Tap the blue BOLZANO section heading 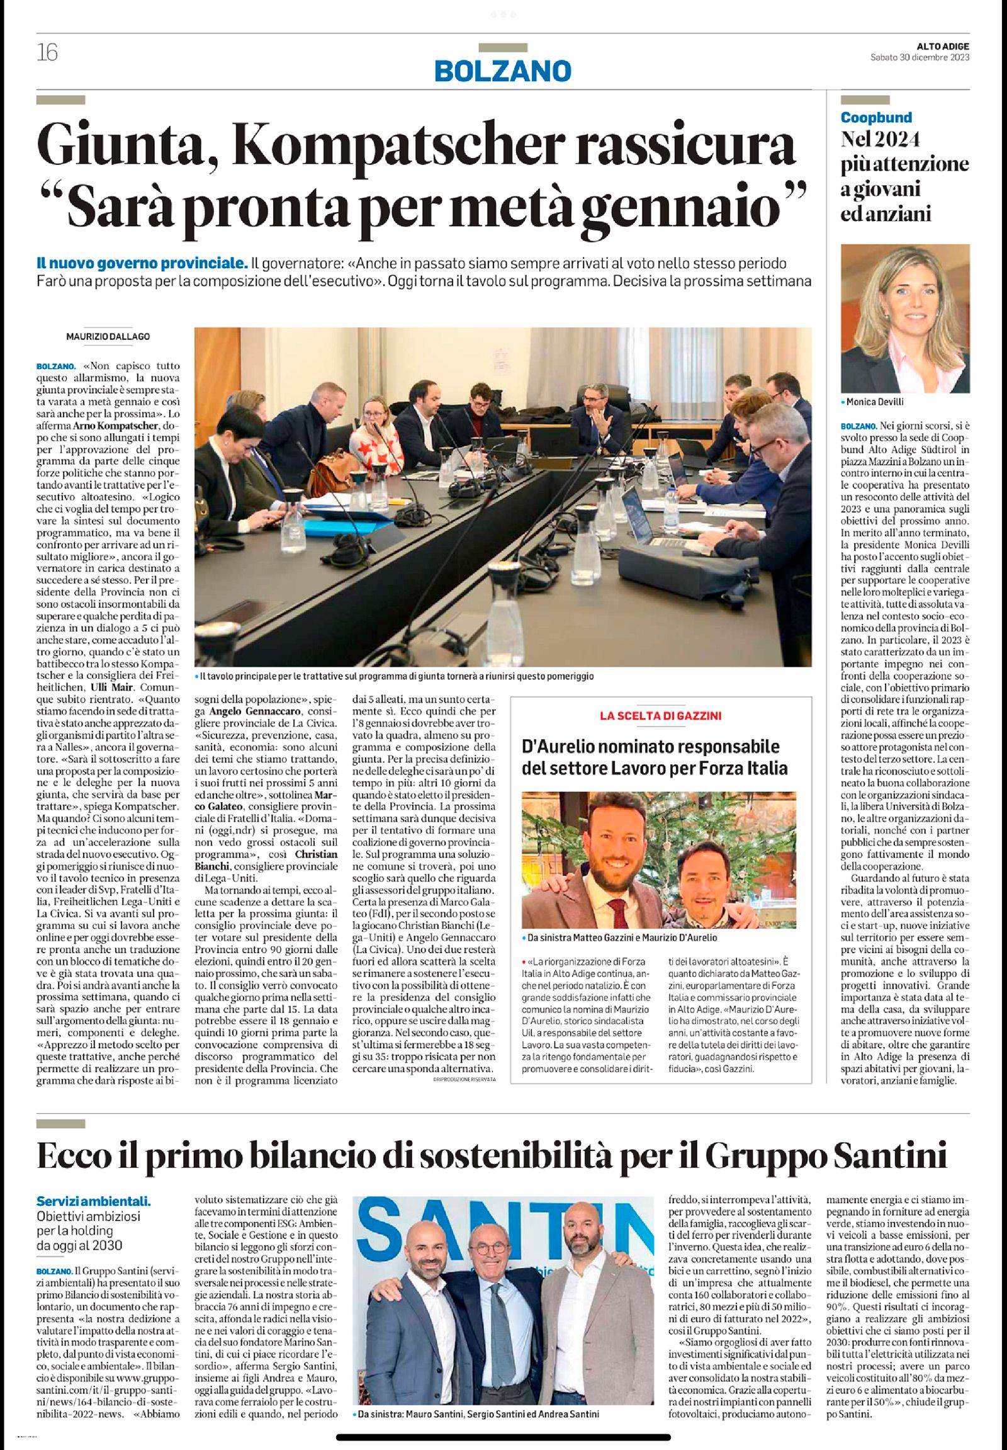click(x=503, y=70)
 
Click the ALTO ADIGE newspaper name click(x=943, y=45)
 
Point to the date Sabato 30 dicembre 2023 click(x=920, y=57)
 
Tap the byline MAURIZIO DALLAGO click(x=108, y=336)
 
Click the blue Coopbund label click(x=876, y=116)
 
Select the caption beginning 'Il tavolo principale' click(x=397, y=676)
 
